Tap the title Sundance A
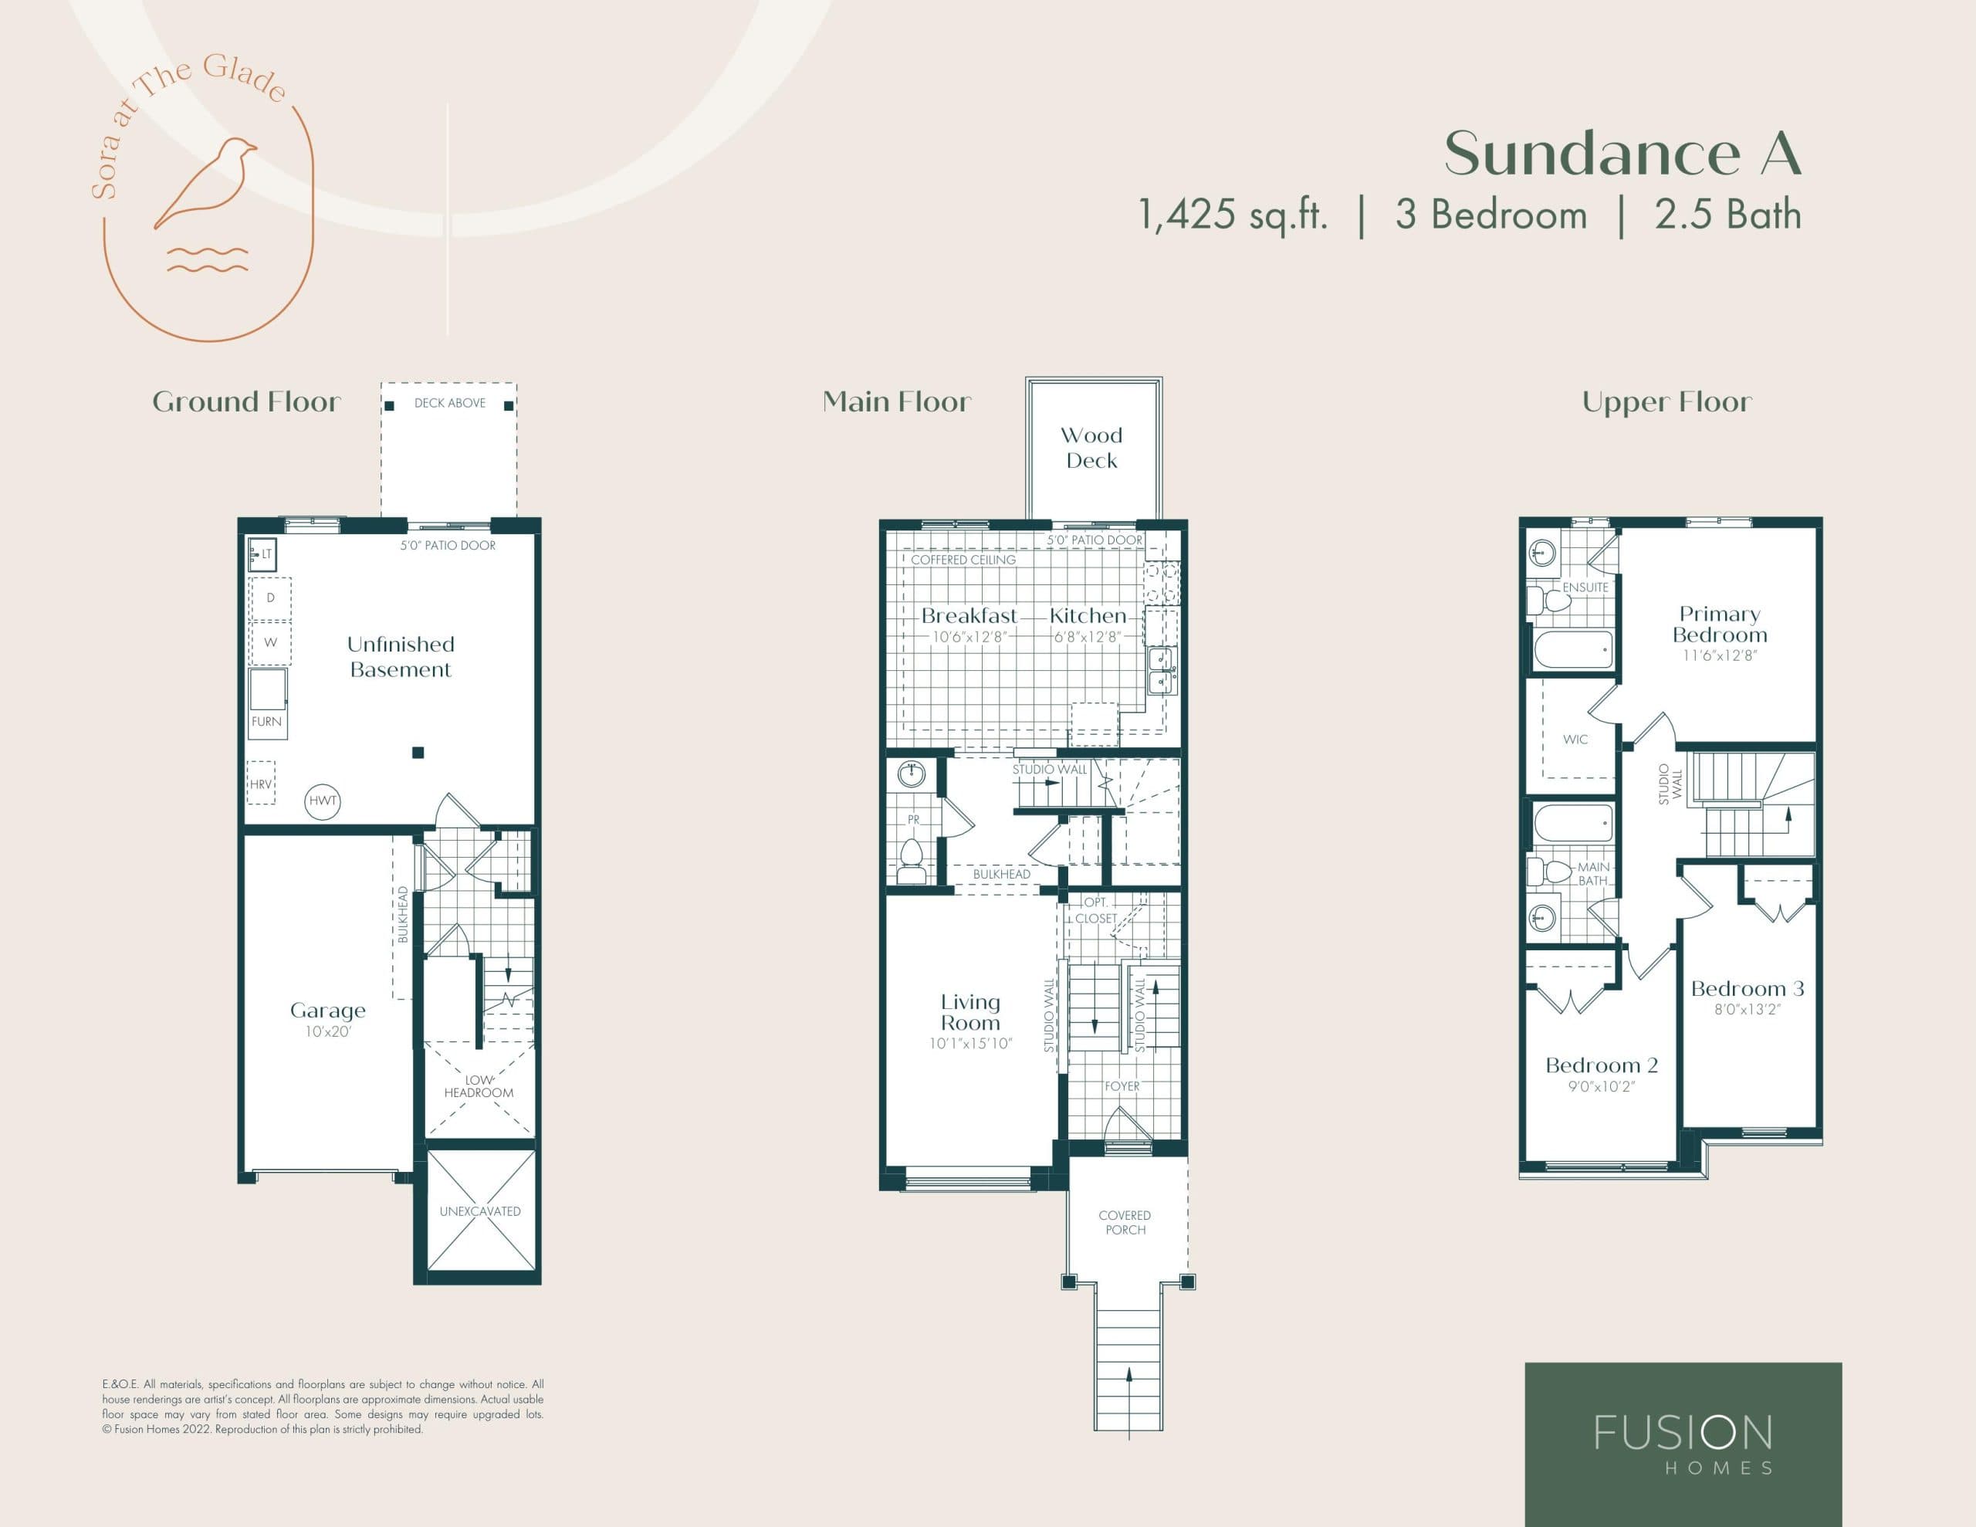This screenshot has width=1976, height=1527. pos(1622,154)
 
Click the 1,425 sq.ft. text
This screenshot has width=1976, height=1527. pos(1232,215)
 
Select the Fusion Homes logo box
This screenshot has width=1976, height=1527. pos(1683,1443)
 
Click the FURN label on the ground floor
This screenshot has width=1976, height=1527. pos(267,721)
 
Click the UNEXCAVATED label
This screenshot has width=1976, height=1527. pos(479,1211)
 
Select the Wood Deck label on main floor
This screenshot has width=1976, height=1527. pos(1091,448)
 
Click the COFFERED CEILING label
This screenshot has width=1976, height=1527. pos(963,560)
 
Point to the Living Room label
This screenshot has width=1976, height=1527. pos(970,1012)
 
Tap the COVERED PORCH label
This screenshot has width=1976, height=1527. pos(1125,1223)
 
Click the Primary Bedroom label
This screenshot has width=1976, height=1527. pos(1719,625)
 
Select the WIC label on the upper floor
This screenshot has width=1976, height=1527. pos(1575,740)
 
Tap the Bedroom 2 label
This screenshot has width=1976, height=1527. pos(1602,1065)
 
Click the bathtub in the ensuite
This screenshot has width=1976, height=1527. pos(1573,649)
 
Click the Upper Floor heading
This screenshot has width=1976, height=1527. pos(1666,402)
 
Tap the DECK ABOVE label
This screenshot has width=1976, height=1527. pos(450,403)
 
